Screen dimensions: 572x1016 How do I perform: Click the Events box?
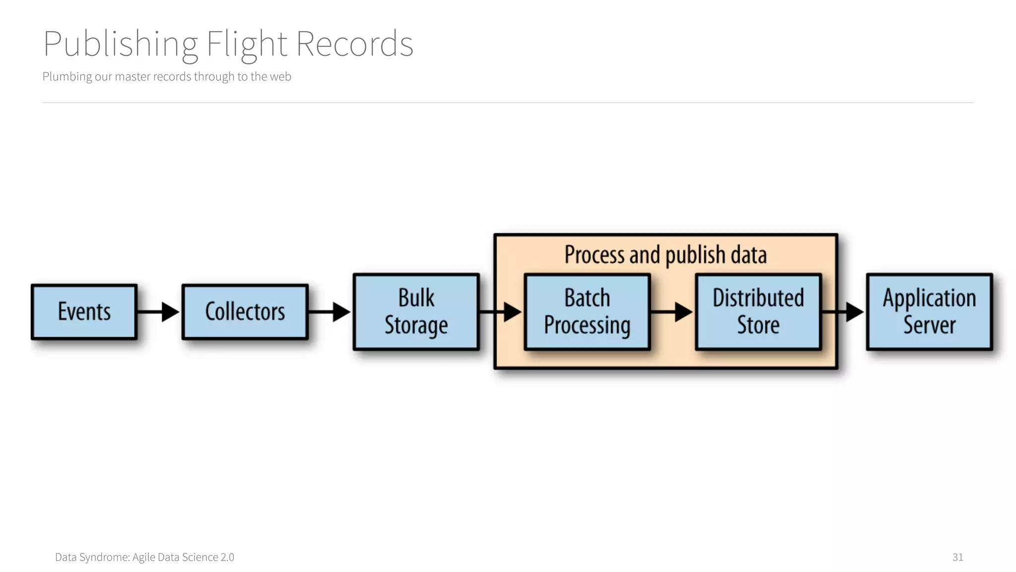tap(84, 312)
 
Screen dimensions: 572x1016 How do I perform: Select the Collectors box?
tap(245, 312)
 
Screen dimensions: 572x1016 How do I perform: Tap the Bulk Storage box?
tap(416, 312)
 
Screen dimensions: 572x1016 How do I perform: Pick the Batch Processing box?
tap(587, 312)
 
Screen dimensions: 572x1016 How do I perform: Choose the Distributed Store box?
tap(758, 312)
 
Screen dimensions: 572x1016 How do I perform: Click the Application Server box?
tap(929, 312)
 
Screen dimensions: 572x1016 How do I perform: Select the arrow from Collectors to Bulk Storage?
tap(330, 312)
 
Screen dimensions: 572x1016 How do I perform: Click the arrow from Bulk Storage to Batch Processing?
tap(501, 312)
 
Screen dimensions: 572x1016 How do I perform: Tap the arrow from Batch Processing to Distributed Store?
tap(672, 312)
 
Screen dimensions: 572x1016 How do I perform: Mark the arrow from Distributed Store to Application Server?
tap(843, 312)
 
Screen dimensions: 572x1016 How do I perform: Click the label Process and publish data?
tap(665, 255)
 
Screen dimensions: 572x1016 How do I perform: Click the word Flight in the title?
tap(247, 44)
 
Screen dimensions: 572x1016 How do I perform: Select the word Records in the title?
tap(354, 44)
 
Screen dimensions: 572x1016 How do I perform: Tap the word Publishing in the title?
tap(121, 44)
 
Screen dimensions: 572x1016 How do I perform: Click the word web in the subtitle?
tap(280, 76)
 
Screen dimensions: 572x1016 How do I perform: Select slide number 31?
tap(957, 557)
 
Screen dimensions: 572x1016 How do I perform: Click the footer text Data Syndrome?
tap(92, 557)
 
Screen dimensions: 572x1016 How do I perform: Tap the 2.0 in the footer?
tap(227, 557)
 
